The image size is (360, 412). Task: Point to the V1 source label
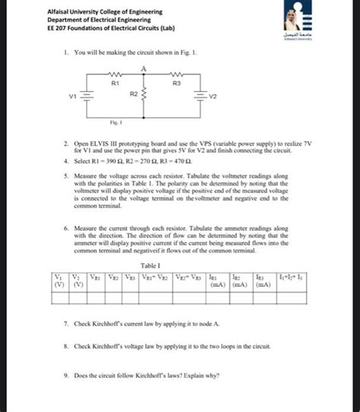pos(73,96)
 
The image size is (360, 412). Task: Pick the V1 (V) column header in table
pos(58,281)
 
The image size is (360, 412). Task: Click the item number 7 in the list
pos(67,323)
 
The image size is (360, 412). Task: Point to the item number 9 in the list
pos(67,375)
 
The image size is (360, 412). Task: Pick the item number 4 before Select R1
pos(67,163)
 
